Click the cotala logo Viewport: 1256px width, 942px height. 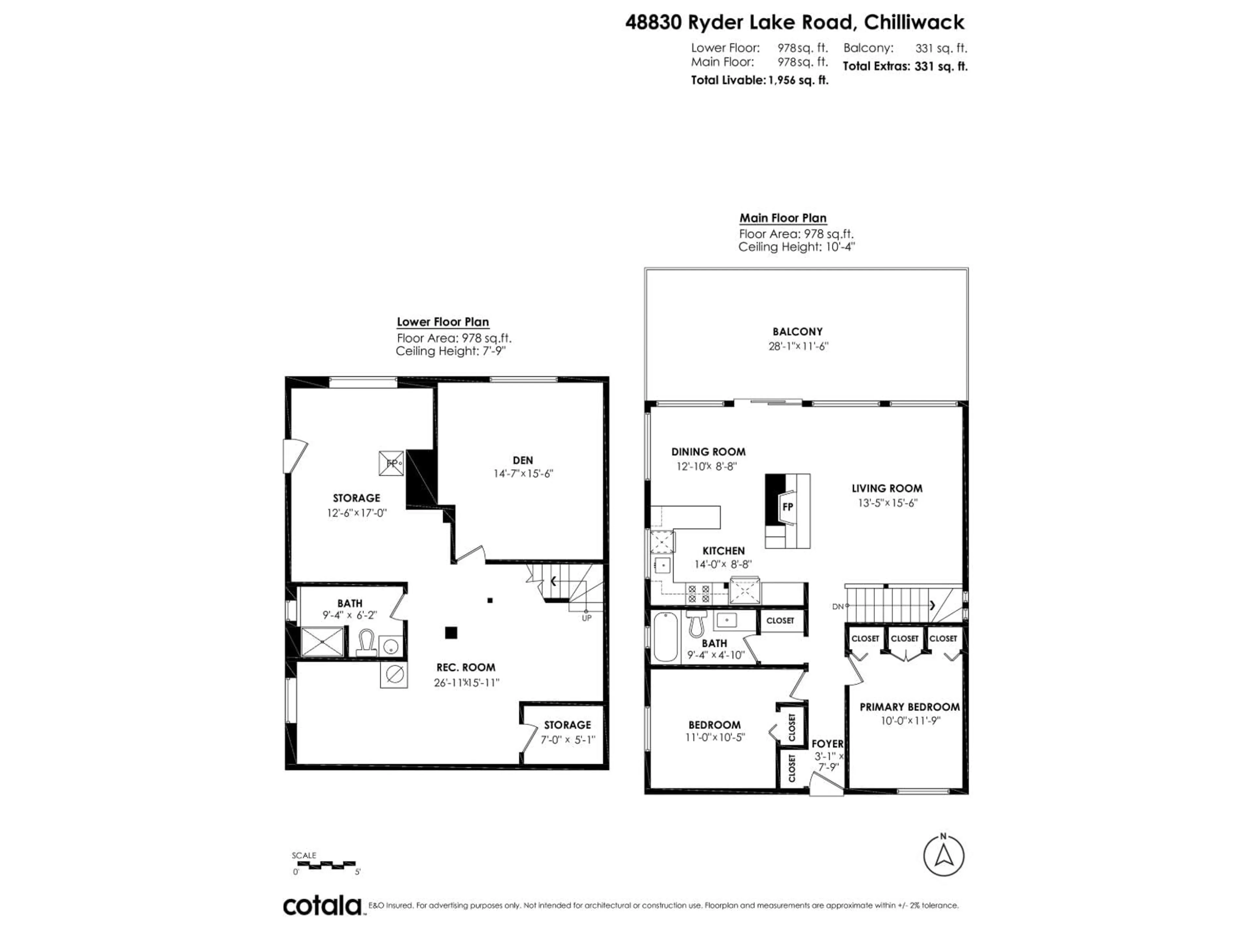click(322, 906)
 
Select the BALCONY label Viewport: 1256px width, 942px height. click(797, 332)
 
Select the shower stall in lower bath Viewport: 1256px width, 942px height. click(322, 642)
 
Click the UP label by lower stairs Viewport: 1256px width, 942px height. click(586, 618)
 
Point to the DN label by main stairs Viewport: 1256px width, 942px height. click(838, 606)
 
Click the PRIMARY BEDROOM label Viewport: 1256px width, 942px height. click(909, 707)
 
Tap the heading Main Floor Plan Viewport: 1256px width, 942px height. click(782, 218)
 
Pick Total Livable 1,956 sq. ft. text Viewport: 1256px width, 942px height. click(759, 80)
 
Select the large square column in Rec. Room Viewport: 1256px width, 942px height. click(451, 633)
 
